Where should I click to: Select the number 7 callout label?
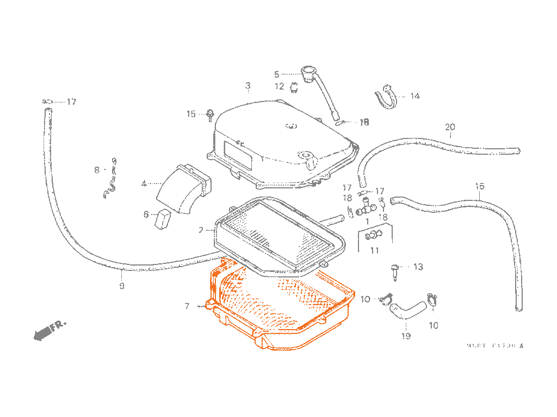(x=187, y=307)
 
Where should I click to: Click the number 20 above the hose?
(x=450, y=128)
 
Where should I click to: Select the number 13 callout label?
(x=418, y=267)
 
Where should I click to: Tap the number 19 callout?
(x=406, y=337)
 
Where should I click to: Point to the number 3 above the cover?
(x=247, y=86)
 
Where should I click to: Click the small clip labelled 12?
(x=294, y=87)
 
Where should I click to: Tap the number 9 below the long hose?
(x=121, y=286)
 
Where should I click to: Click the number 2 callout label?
(x=201, y=230)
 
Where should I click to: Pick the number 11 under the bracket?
(x=374, y=250)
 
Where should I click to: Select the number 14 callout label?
(x=415, y=97)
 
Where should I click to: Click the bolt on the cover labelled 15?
(x=209, y=114)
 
